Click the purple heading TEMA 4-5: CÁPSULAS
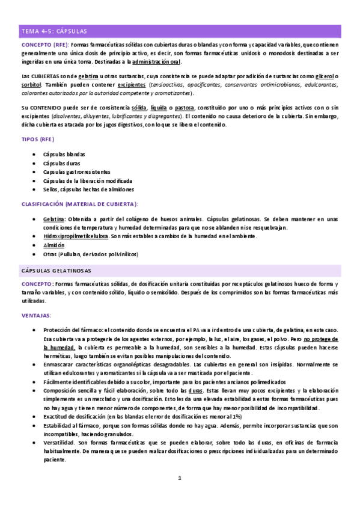click(54, 31)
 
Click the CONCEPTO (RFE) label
click(44, 45)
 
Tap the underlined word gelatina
click(88, 76)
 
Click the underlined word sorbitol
click(32, 85)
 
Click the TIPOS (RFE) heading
click(38, 139)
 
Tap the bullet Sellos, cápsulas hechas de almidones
click(89, 189)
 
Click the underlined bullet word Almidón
click(53, 245)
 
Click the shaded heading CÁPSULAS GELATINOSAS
click(56, 270)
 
